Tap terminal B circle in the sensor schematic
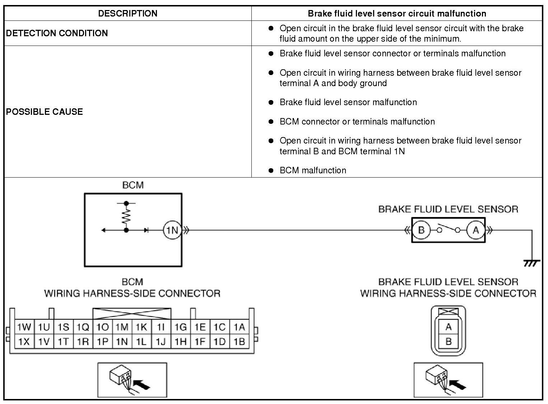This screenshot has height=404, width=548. coord(421,230)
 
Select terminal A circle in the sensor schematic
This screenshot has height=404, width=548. coord(476,230)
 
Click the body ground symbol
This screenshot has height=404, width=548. coord(531,263)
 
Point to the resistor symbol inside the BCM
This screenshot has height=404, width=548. coord(126,216)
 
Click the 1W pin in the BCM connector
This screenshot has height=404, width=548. coord(24,327)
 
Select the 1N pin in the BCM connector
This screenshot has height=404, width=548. coord(122,341)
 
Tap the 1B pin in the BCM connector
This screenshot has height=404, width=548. coord(239,341)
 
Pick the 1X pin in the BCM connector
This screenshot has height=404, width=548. coord(24,341)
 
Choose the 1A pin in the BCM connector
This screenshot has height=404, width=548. coord(239,327)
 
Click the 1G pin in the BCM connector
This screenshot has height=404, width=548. coord(180,327)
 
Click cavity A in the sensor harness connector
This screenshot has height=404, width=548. coord(448,327)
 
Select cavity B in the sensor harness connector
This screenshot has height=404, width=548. coord(448,341)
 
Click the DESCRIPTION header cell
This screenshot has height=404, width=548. coord(127,14)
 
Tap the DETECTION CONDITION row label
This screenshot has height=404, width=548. coord(57,33)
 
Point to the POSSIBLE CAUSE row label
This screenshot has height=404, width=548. coord(44,112)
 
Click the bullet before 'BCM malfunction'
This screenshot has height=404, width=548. coord(271,170)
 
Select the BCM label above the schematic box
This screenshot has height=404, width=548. coord(133,185)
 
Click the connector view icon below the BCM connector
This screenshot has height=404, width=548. coord(132,380)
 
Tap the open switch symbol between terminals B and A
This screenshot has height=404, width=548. coord(449,229)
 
